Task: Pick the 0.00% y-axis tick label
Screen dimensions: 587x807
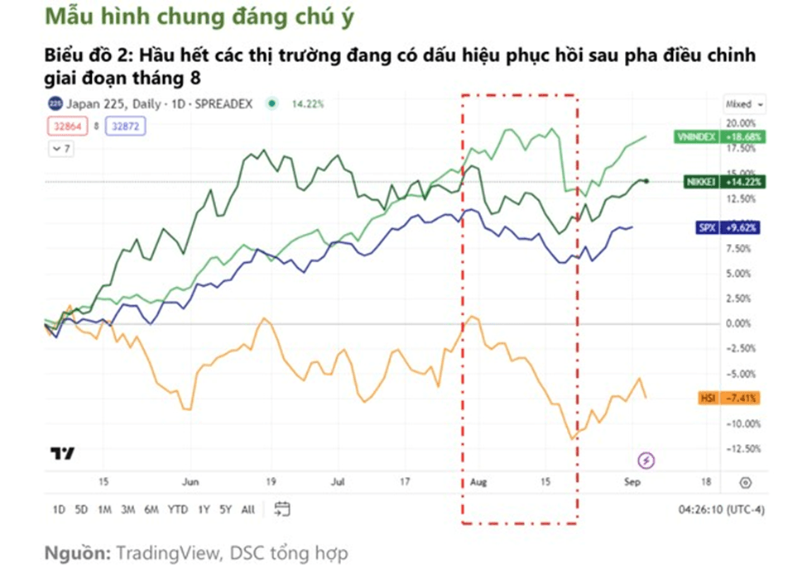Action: [739, 323]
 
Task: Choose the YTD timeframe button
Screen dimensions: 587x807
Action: [177, 509]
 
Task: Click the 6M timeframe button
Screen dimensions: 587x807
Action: [151, 509]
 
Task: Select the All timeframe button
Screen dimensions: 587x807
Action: [247, 509]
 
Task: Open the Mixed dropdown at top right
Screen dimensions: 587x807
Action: [744, 104]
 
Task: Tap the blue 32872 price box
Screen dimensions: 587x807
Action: [127, 126]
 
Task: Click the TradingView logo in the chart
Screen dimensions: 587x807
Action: [62, 453]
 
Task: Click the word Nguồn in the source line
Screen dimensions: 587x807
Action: [76, 553]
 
